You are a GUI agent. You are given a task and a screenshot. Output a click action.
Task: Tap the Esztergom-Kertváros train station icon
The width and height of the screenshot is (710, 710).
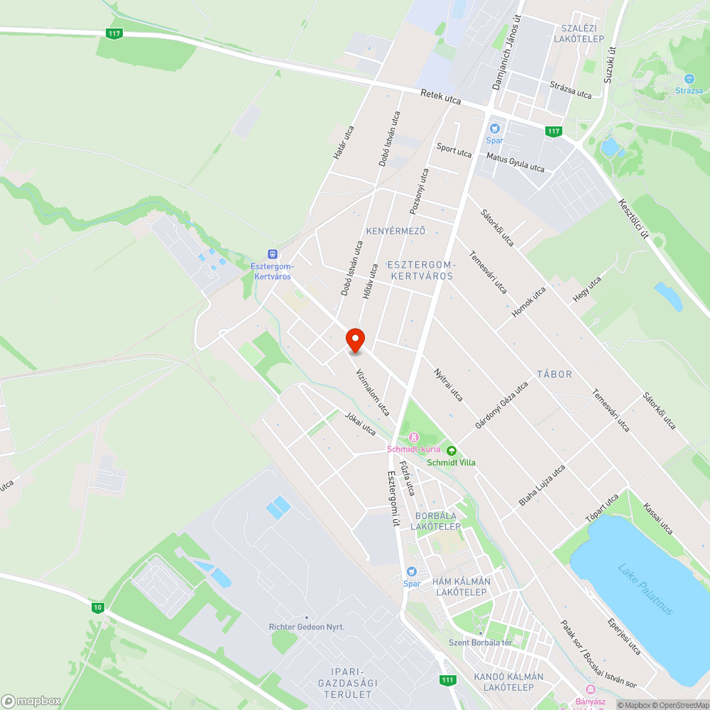coord(272,254)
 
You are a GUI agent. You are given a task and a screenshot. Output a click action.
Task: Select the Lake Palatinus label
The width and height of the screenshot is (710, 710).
coord(645,589)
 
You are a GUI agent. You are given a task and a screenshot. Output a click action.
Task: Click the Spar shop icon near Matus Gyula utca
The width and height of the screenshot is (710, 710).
coord(495,129)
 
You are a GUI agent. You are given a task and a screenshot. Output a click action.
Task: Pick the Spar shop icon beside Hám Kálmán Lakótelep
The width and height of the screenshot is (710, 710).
coord(412,572)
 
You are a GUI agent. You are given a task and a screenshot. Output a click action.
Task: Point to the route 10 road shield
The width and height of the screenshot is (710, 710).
coord(97,607)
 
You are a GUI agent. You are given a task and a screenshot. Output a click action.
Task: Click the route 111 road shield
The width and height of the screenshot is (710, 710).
coord(447,680)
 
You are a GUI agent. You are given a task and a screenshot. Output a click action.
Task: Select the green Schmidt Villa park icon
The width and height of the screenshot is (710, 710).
coord(452,450)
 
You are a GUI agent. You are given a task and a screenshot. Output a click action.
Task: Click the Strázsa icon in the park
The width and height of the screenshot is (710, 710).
coord(689,79)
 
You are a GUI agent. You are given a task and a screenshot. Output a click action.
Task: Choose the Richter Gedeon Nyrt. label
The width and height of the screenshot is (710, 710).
coord(307,627)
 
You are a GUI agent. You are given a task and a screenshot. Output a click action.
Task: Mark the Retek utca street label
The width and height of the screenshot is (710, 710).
coord(440,97)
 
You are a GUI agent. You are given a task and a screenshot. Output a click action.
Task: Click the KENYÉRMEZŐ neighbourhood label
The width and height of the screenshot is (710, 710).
coord(395,231)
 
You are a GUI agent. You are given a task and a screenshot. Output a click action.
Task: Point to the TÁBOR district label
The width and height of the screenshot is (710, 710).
coord(555,373)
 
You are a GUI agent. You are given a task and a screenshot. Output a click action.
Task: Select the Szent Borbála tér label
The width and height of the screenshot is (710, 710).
coord(480,643)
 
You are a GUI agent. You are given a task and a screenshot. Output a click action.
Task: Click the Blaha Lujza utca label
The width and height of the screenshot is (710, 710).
coord(542,485)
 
